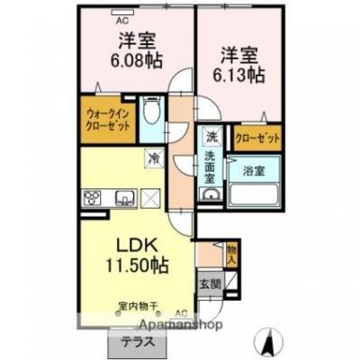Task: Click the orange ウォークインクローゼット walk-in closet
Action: pyautogui.click(x=109, y=121)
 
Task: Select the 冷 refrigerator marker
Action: pyautogui.click(x=154, y=159)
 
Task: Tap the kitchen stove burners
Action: pyautogui.click(x=94, y=199)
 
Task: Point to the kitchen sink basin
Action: pyautogui.click(x=123, y=199)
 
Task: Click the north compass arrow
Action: pyautogui.click(x=267, y=340)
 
